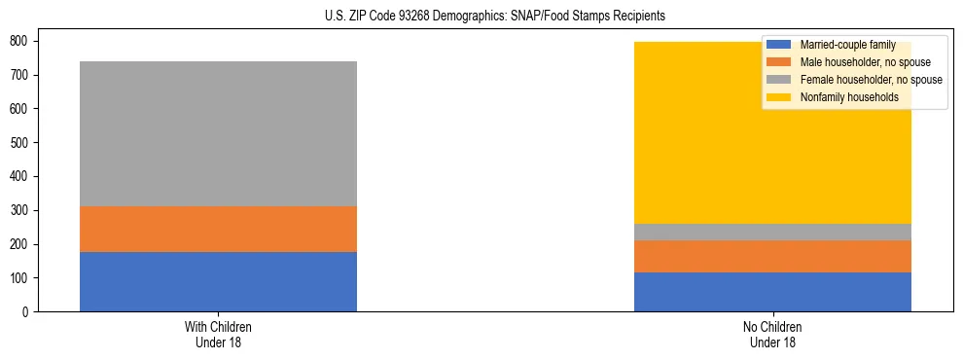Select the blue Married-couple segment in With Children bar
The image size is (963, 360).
tap(218, 282)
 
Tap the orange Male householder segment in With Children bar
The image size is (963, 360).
tap(218, 230)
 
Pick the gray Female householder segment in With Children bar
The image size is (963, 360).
tap(218, 134)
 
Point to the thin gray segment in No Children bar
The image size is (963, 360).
tap(772, 233)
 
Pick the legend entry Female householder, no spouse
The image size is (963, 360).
tap(866, 80)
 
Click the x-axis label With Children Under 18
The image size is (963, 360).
tap(218, 335)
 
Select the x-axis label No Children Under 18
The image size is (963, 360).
tap(772, 335)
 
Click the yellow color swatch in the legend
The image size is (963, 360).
tap(779, 97)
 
